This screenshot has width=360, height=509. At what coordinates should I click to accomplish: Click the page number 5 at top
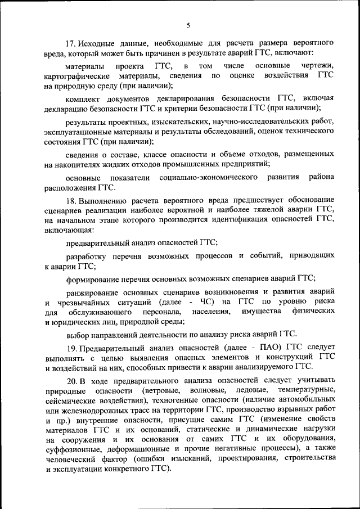click(x=188, y=25)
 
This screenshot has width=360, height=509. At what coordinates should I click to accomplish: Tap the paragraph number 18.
click(x=70, y=200)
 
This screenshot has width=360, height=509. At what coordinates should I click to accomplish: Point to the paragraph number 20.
click(x=70, y=382)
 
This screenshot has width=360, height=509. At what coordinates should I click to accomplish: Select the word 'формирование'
click(x=92, y=278)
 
